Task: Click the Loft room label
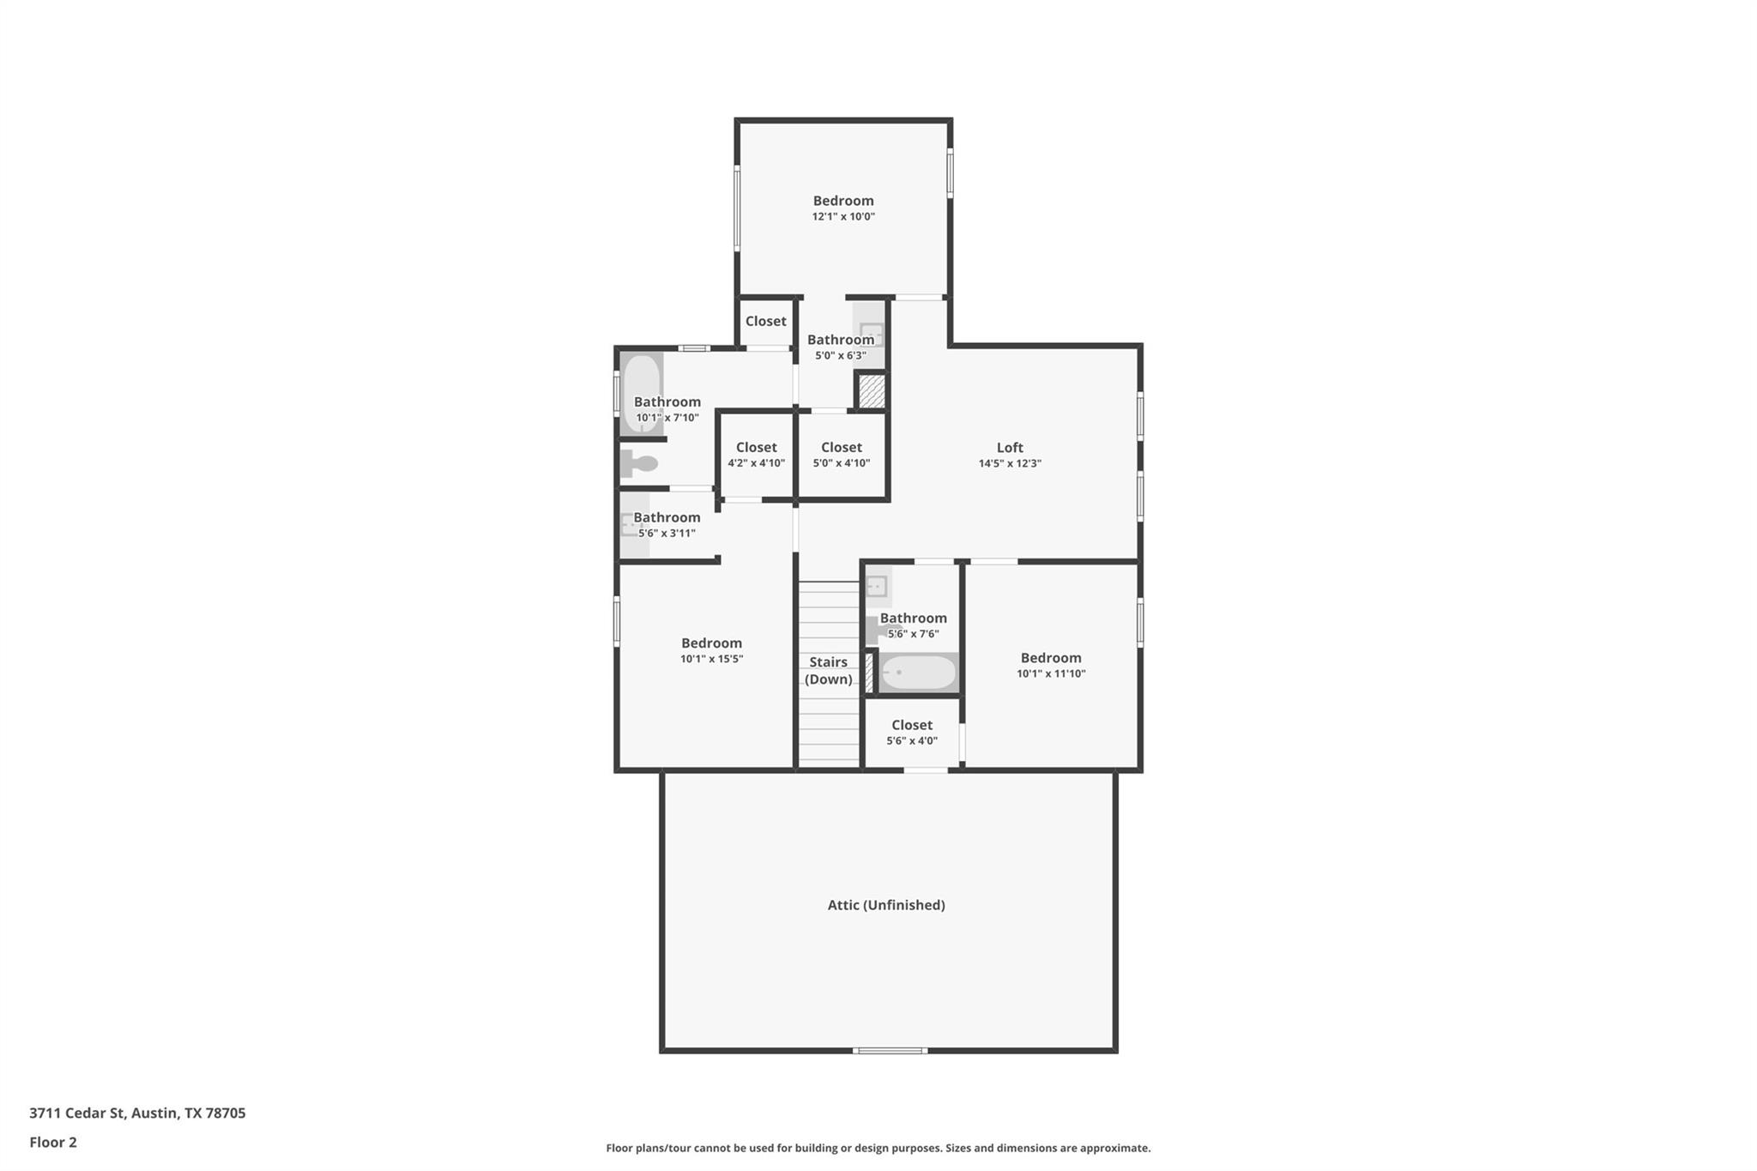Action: coord(1010,447)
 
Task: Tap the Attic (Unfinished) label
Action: coord(886,905)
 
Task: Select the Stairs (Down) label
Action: coord(829,670)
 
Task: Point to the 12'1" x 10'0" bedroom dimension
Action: coord(843,217)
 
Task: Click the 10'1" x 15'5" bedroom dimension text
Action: coord(711,659)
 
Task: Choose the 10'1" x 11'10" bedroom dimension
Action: coord(1051,673)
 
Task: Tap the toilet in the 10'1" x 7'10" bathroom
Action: coord(638,463)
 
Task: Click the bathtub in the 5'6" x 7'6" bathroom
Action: coord(918,673)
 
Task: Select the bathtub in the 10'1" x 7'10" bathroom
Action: coord(641,393)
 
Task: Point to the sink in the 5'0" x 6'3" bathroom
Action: coord(871,333)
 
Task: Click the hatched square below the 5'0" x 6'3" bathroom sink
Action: coord(872,391)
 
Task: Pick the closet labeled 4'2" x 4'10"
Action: coord(756,455)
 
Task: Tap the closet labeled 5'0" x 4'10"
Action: coord(842,455)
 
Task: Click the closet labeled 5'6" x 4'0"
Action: coord(912,732)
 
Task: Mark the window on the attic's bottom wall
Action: coord(890,1050)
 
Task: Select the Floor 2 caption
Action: coord(53,1142)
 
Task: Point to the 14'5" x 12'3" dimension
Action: coord(1010,463)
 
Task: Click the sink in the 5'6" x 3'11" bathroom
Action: coord(631,523)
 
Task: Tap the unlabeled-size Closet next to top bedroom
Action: coord(765,321)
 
